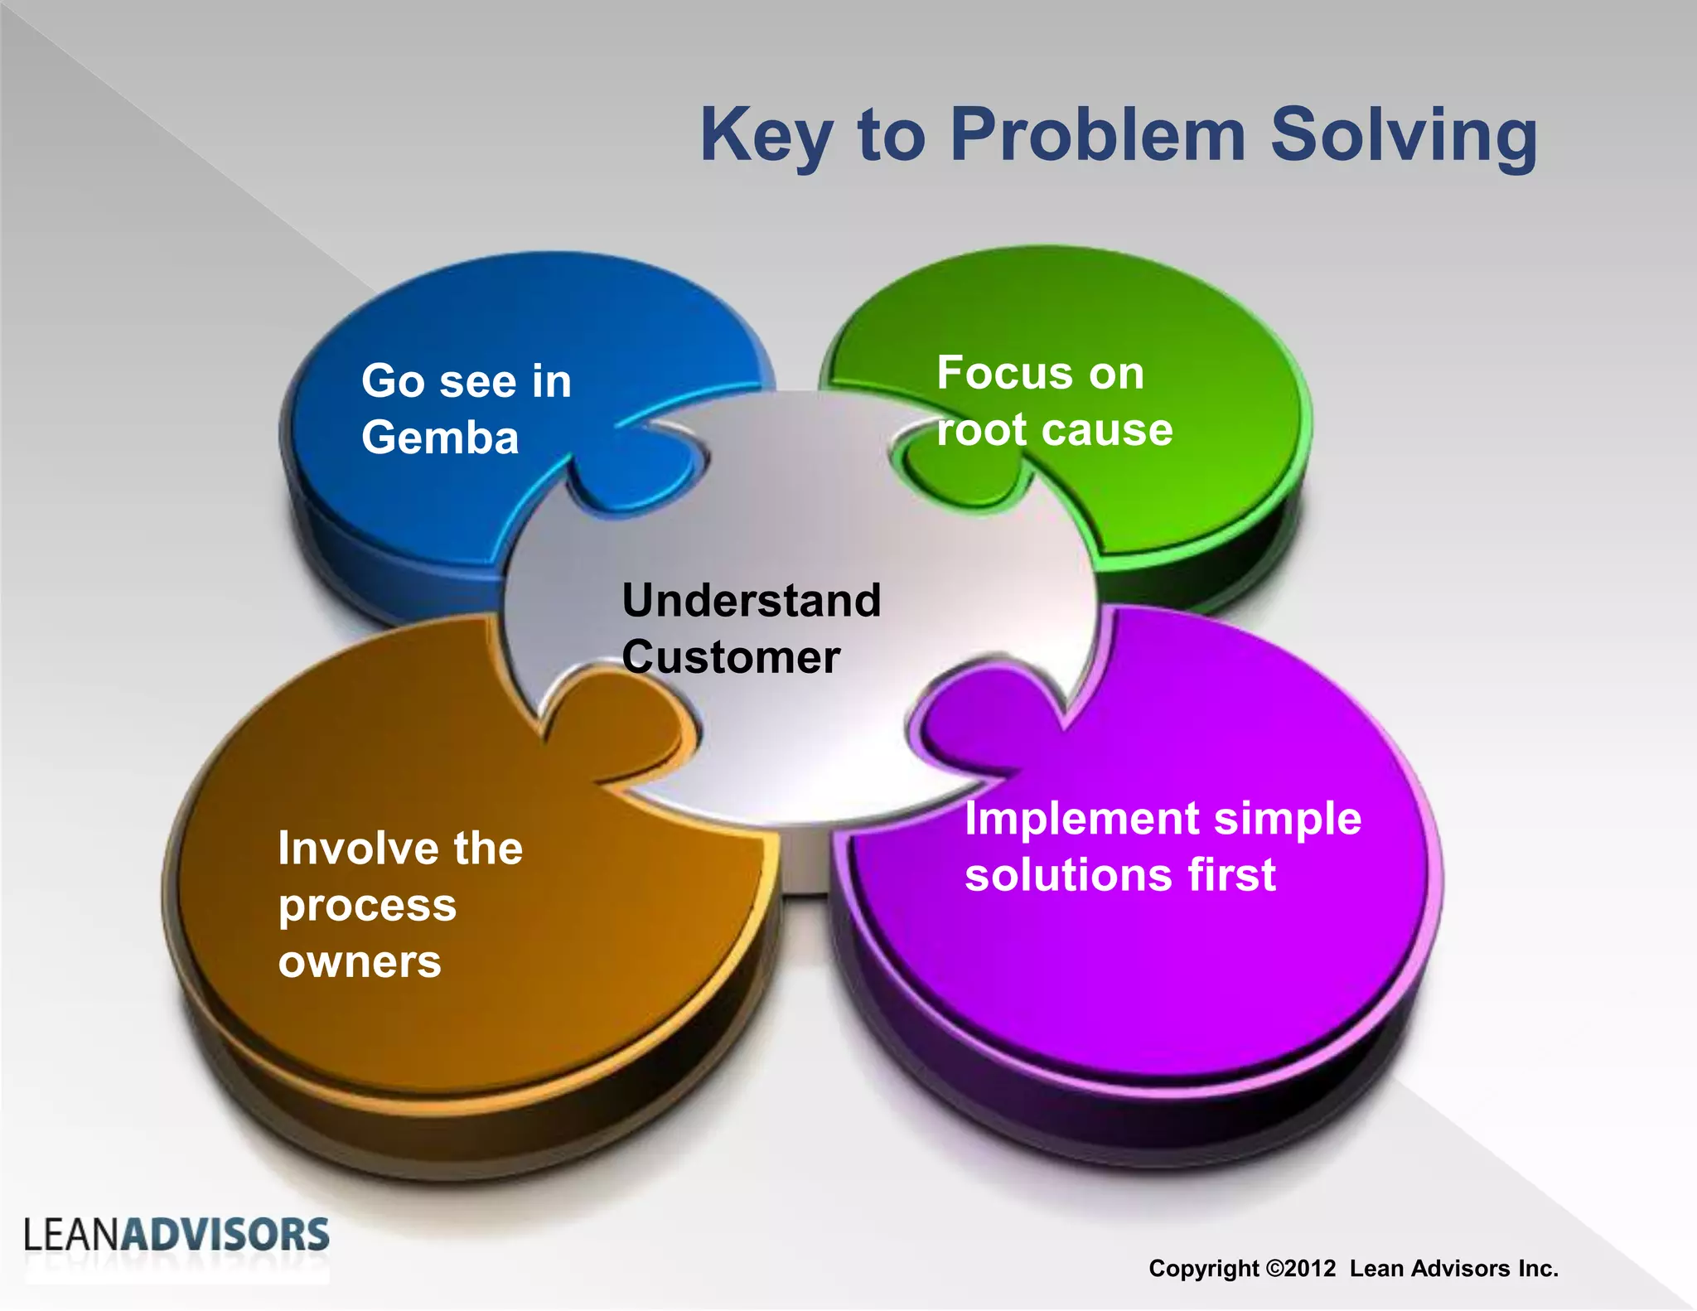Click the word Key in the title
[x=766, y=136]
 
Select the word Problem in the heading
[x=1098, y=134]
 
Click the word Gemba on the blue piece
[x=440, y=438]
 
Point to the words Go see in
[x=467, y=381]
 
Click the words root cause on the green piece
[x=1054, y=429]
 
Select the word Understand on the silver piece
[x=751, y=600]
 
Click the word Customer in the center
[x=731, y=657]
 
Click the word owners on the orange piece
[x=360, y=962]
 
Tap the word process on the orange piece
[x=367, y=906]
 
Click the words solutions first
[x=1119, y=875]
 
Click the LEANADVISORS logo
[x=176, y=1236]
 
